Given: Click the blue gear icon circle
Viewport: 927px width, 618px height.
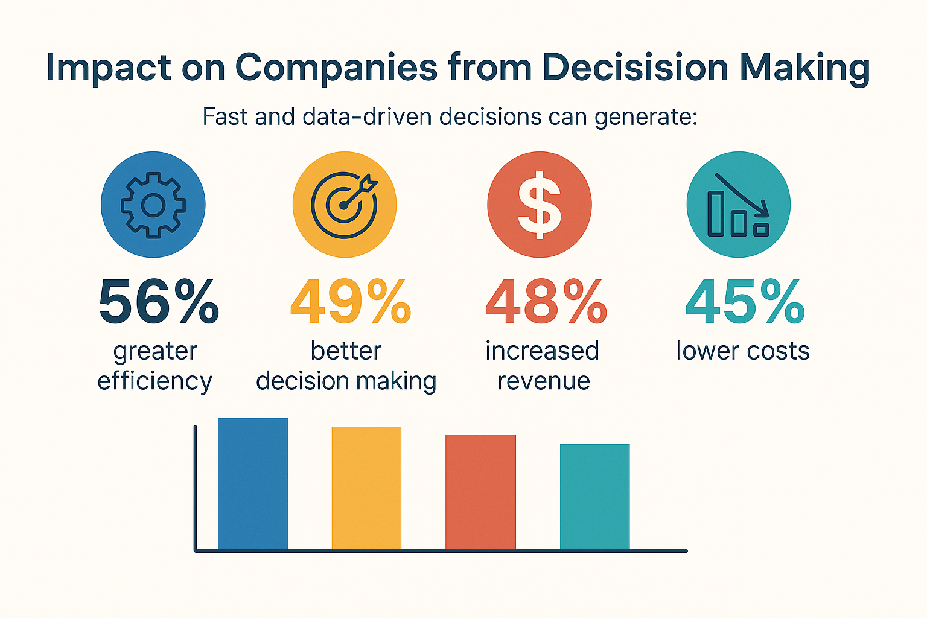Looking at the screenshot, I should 153,205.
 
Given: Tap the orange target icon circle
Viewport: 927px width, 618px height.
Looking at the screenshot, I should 345,205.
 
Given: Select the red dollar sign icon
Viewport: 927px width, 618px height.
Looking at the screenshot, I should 540,205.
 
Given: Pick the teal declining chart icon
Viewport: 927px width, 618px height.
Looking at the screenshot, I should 739,205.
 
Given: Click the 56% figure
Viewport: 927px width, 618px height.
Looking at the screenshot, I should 159,302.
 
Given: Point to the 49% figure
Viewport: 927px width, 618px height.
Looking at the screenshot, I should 351,302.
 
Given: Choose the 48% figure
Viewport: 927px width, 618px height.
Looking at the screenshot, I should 546,302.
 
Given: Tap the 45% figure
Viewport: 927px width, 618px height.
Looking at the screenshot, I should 745,302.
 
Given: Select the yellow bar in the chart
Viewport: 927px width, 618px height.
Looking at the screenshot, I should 366,488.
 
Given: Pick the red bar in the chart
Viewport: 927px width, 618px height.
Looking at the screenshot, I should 480,492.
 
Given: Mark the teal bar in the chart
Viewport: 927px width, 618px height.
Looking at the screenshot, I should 594,497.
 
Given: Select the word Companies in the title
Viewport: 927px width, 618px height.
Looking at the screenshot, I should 336,68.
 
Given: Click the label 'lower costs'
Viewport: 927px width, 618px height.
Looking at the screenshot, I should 743,351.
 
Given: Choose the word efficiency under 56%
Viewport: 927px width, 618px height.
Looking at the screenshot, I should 155,381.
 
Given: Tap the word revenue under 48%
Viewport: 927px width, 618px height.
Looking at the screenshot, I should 544,381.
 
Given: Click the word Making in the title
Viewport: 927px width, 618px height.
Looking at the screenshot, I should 804,68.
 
